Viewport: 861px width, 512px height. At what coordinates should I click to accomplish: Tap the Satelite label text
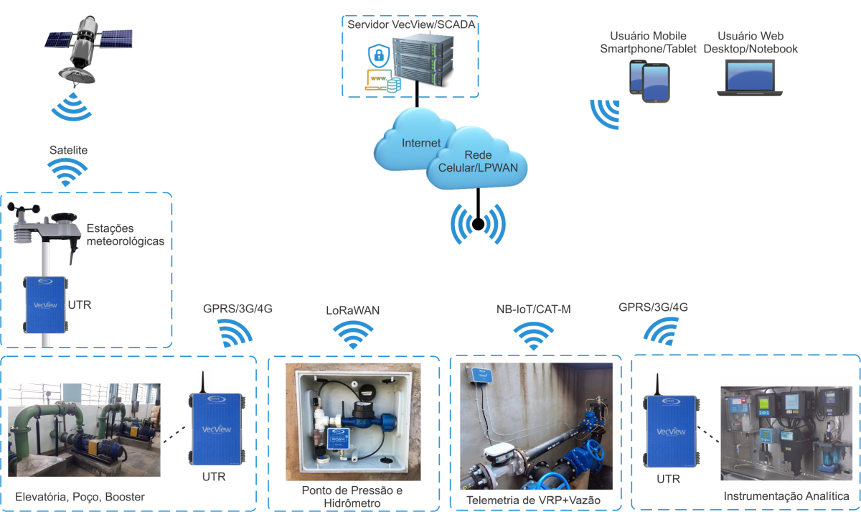(69, 150)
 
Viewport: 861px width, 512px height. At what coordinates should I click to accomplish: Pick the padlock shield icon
(377, 55)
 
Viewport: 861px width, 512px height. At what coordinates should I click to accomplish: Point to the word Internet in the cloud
(421, 143)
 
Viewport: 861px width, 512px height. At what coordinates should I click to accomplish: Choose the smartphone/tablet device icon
(649, 81)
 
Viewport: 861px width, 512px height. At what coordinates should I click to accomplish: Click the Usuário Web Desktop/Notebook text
(751, 42)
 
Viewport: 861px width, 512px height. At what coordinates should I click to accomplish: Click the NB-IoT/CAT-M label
(533, 310)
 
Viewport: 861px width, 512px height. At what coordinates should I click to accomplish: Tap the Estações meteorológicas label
(126, 235)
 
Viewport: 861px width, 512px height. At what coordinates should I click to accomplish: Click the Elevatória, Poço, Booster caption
(80, 497)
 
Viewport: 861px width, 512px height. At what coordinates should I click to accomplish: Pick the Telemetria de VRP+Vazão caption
(533, 500)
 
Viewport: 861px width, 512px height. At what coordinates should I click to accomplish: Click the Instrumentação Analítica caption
(786, 496)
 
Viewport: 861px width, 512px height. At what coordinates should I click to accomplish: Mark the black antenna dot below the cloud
(477, 225)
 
